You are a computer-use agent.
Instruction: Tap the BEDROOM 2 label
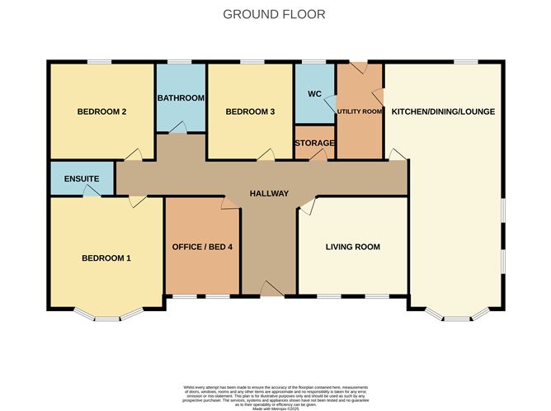coord(101,111)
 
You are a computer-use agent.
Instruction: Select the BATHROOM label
coord(181,98)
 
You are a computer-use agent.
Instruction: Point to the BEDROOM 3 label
coord(250,111)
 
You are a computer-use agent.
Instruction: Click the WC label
coord(313,94)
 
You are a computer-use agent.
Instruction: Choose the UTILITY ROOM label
coord(359,111)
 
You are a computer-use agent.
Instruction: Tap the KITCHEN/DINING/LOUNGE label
coord(443,111)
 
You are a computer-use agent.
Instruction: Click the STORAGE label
coord(314,143)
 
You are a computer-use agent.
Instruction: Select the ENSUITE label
coord(82,178)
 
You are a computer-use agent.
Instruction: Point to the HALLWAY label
coord(270,194)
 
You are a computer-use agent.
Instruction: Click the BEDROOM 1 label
coord(106,258)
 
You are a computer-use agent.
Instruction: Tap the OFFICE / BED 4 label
coord(202,247)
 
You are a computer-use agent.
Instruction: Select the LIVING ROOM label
coord(352,247)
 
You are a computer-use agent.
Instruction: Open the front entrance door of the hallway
coord(270,289)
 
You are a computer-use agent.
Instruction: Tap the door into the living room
coord(306,205)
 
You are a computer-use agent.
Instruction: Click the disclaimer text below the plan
coord(275,394)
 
